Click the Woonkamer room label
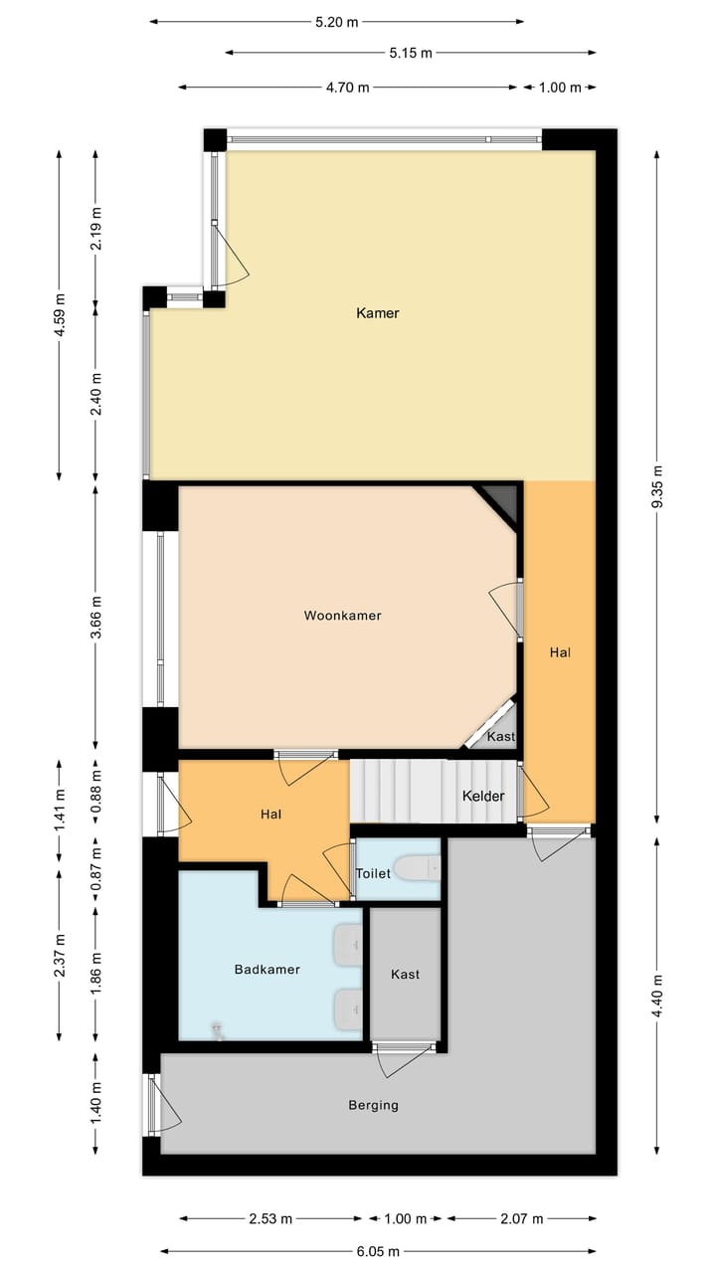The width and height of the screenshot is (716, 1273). (x=342, y=616)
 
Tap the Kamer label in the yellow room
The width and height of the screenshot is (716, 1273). (x=377, y=313)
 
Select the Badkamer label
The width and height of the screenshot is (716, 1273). (x=267, y=969)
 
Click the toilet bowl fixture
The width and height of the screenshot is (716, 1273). (x=417, y=870)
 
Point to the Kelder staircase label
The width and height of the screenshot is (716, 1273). (x=483, y=797)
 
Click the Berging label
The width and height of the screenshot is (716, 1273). (x=373, y=1105)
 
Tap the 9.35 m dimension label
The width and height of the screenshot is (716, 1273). (x=656, y=487)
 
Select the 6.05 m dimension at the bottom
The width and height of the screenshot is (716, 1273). (x=379, y=1251)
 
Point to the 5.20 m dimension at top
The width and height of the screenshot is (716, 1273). (x=336, y=22)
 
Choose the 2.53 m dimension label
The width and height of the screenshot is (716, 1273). (x=270, y=1218)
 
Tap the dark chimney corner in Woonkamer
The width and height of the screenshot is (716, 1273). (x=500, y=501)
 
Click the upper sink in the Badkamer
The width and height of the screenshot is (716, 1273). (x=349, y=945)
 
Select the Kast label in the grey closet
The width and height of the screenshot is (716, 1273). (x=405, y=975)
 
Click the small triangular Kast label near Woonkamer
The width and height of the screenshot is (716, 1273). (x=500, y=737)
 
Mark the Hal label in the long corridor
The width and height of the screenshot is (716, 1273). (x=560, y=653)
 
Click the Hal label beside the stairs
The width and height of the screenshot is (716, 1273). (x=270, y=815)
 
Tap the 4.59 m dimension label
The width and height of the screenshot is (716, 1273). (x=60, y=313)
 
